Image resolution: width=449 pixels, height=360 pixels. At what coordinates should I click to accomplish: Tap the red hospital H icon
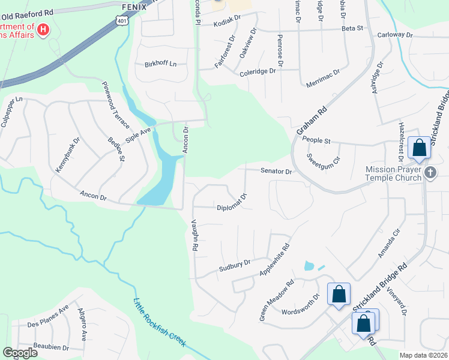point(43,29)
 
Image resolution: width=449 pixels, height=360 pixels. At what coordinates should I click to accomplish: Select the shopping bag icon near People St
point(418,148)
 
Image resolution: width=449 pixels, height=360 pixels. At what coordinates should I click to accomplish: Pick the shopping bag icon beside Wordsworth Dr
point(339,294)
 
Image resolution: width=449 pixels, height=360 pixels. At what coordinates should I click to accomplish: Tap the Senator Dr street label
point(276,172)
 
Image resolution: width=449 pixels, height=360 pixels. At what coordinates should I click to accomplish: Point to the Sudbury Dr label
point(234,264)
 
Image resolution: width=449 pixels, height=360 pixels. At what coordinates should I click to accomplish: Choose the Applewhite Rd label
point(274,259)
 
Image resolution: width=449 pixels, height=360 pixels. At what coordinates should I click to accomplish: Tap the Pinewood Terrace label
point(115,105)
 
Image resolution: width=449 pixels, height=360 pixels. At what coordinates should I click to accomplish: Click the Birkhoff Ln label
point(161,64)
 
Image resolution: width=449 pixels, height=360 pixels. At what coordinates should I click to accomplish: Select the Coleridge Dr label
point(258,71)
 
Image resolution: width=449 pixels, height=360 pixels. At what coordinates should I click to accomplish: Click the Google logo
point(20,353)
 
